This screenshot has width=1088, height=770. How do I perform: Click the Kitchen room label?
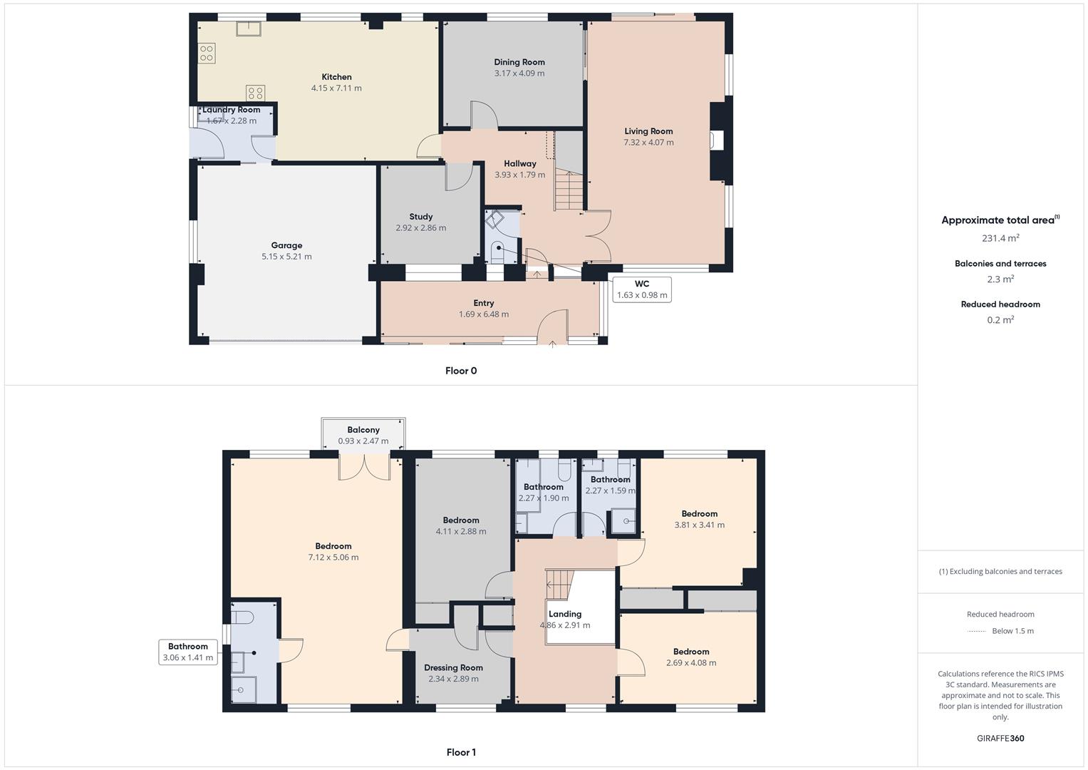[x=336, y=77]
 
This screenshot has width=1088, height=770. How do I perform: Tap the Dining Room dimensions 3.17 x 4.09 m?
[x=519, y=73]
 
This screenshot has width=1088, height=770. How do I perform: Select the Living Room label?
[x=648, y=131]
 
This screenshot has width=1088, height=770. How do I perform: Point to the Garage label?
[x=286, y=245]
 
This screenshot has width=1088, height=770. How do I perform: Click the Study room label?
[x=420, y=217]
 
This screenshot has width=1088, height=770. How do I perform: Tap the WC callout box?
[x=641, y=289]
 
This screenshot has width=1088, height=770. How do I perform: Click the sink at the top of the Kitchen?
[x=249, y=29]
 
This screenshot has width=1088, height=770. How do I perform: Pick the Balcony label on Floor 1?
[x=363, y=430]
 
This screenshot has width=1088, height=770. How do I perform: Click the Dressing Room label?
[x=453, y=668]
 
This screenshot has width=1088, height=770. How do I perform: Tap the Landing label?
[x=565, y=614]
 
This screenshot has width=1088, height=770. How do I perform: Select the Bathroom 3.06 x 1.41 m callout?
[x=188, y=652]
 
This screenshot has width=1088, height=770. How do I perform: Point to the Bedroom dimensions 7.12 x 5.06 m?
[x=333, y=558]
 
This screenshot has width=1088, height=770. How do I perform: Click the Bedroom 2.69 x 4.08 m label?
[x=691, y=652]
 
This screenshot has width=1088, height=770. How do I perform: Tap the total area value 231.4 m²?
[x=1000, y=238]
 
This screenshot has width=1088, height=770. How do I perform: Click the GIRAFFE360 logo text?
[x=1000, y=739]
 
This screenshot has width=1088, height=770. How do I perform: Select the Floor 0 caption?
[x=461, y=371]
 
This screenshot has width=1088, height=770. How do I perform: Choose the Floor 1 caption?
[x=461, y=752]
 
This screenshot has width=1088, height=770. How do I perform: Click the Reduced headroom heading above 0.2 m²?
[x=1000, y=304]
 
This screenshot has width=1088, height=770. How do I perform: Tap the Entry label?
[x=483, y=303]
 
